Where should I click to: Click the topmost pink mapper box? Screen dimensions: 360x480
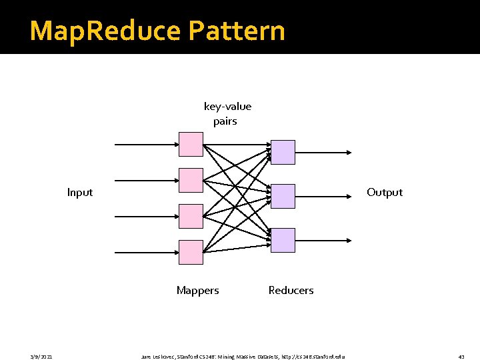point(191,144)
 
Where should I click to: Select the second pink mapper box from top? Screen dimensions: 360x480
point(191,180)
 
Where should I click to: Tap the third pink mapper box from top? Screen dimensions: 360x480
point(191,216)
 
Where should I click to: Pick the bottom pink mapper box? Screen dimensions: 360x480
point(191,252)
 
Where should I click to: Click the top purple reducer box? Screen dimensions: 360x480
point(283,152)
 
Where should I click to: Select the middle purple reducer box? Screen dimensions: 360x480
point(283,196)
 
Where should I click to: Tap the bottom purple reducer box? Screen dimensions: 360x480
point(283,240)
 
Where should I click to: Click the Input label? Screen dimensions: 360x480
point(80,193)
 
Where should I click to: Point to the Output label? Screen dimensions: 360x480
point(385,193)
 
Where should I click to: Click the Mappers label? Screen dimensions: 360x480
point(197,291)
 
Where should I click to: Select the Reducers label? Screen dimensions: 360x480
point(291,291)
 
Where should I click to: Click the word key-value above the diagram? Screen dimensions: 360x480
point(227,107)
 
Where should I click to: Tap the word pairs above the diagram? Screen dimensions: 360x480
point(225,121)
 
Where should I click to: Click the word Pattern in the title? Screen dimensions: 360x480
point(237,31)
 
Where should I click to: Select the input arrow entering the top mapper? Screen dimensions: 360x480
point(147,144)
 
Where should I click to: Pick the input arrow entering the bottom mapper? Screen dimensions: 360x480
point(147,252)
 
